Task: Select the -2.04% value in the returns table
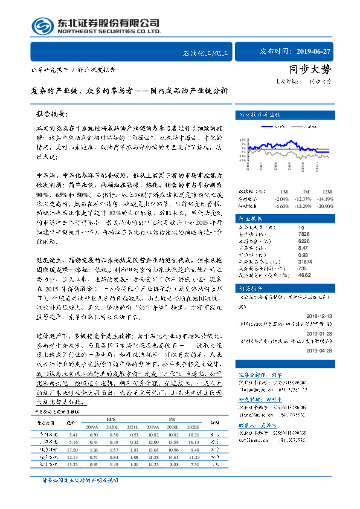pos(281,198)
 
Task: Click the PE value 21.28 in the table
pos(154,459)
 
